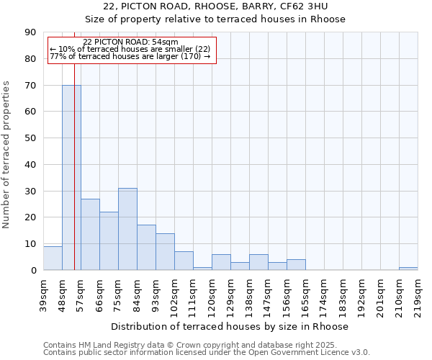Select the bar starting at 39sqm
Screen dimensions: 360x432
coord(53,258)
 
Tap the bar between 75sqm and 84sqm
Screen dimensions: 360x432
coord(127,229)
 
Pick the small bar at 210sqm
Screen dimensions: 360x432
coord(408,269)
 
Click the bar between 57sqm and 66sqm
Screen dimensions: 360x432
coord(90,234)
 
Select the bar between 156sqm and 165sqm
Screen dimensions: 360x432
coord(296,265)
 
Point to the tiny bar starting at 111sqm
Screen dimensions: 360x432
coord(202,269)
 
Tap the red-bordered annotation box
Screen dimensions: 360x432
coord(132,50)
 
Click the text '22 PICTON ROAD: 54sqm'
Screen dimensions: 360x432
coord(130,42)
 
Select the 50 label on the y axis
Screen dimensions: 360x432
coord(31,138)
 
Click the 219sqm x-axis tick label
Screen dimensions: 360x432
coord(418,293)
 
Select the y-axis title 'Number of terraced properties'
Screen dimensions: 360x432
coord(7,155)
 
